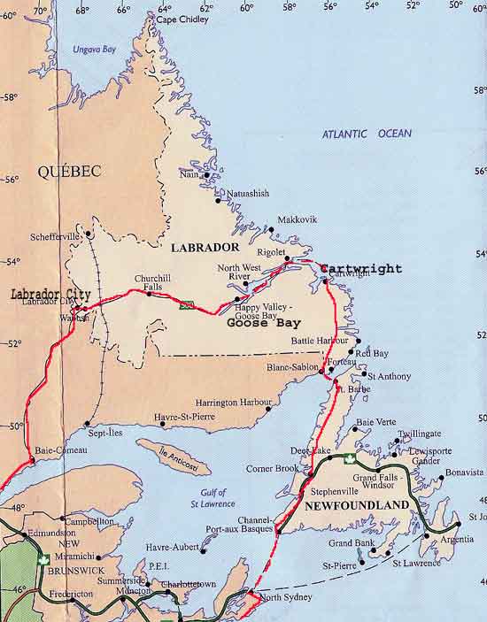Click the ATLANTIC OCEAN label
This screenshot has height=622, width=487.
click(x=367, y=134)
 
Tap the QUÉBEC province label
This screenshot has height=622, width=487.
click(x=69, y=172)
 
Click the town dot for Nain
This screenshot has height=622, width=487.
click(x=206, y=175)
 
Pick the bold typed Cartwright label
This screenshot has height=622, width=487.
click(x=361, y=268)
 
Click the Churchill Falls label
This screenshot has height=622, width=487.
click(x=151, y=281)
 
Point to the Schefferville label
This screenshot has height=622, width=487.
click(x=56, y=236)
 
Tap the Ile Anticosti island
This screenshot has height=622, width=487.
click(x=174, y=457)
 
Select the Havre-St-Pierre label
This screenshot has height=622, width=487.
click(x=184, y=417)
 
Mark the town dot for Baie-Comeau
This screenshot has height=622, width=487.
click(x=33, y=460)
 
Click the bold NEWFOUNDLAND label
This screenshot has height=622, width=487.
click(x=357, y=505)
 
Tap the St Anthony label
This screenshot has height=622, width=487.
click(x=389, y=376)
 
